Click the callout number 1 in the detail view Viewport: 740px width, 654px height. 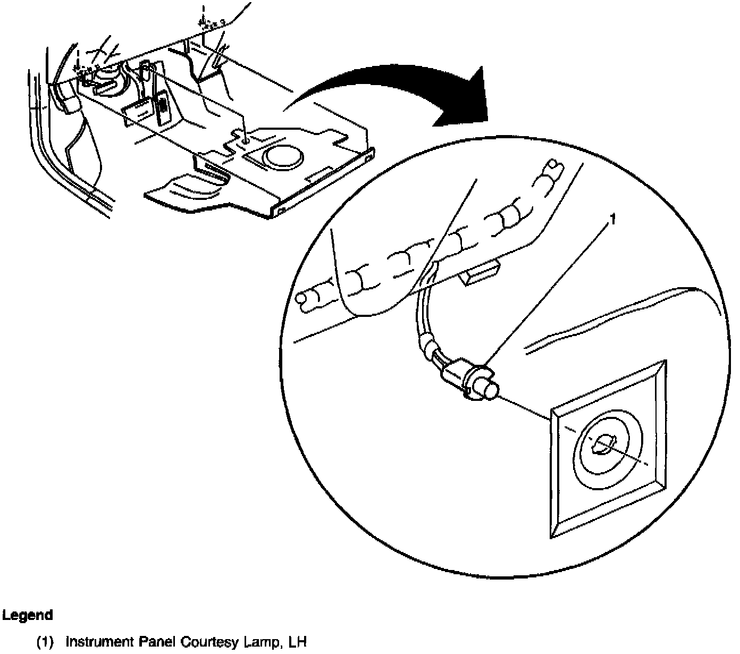pyautogui.click(x=613, y=219)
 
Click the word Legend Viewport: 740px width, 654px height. pyautogui.click(x=27, y=616)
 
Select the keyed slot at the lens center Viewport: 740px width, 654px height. pyautogui.click(x=604, y=445)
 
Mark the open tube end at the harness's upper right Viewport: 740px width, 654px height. pyautogui.click(x=553, y=170)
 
